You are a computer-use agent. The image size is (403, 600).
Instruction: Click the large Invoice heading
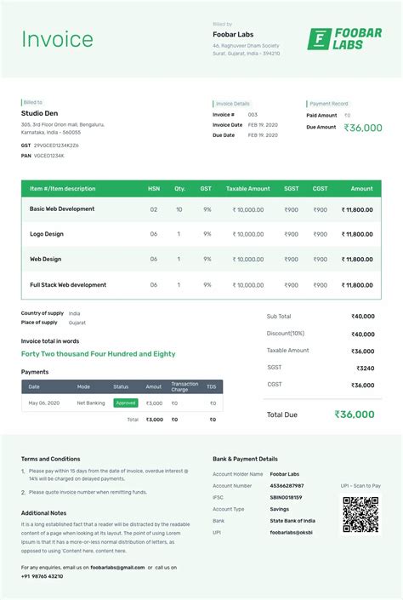[x=57, y=39]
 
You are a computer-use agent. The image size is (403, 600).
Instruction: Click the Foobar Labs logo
[x=344, y=39]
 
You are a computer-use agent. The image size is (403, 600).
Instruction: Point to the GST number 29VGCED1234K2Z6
[x=56, y=146]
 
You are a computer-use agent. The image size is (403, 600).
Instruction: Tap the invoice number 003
[x=253, y=114]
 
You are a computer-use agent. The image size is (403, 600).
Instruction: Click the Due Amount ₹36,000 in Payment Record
[x=363, y=128]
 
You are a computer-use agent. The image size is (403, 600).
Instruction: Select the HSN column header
[x=154, y=189]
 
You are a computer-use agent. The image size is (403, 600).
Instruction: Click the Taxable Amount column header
[x=247, y=189]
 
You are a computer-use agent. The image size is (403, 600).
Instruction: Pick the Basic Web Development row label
[x=62, y=209]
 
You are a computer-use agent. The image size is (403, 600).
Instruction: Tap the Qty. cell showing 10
[x=179, y=209]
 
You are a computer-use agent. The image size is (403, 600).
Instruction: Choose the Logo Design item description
[x=47, y=234]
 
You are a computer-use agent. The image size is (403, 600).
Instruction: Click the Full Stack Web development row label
[x=68, y=285]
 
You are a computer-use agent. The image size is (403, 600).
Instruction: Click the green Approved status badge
[x=126, y=403]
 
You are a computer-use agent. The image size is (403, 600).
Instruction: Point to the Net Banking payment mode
[x=91, y=403]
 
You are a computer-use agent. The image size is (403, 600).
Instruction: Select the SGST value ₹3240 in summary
[x=365, y=368]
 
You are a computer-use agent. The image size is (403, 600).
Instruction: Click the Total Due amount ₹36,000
[x=354, y=414]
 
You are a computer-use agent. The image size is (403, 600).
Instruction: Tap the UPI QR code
[x=360, y=514]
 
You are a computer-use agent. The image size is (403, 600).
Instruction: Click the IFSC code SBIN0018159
[x=287, y=497]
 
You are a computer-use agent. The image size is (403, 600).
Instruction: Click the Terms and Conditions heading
[x=50, y=459]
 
